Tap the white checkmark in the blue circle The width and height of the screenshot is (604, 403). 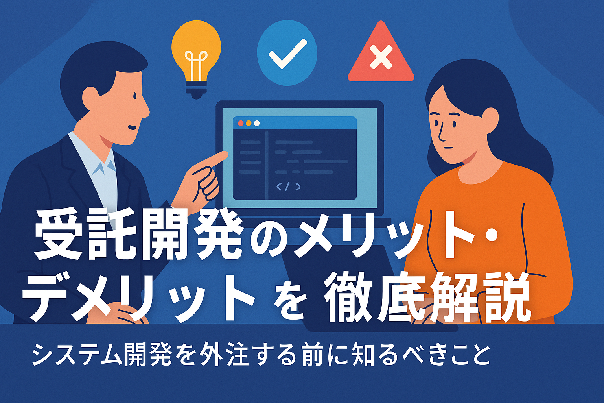click(x=288, y=54)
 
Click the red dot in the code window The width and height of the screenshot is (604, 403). click(x=241, y=123)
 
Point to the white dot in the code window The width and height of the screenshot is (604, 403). click(x=257, y=123)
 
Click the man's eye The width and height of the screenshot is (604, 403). click(x=135, y=95)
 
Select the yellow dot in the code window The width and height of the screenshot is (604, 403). click(x=249, y=123)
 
